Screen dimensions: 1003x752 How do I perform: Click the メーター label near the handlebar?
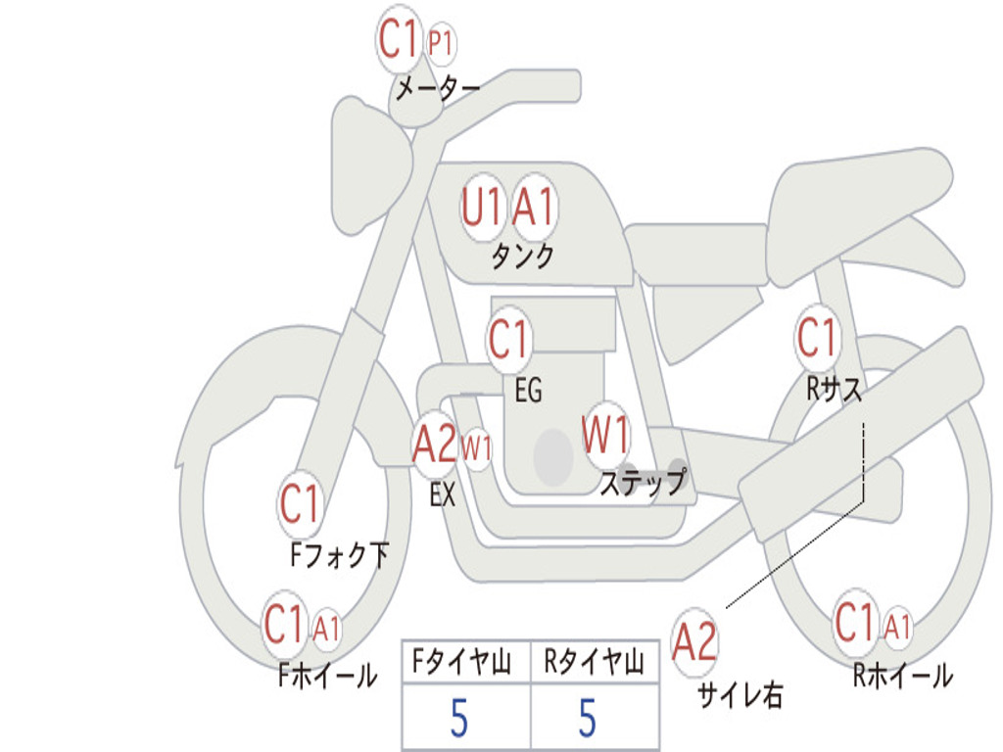click(x=438, y=88)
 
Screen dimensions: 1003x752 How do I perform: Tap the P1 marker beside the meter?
click(x=441, y=43)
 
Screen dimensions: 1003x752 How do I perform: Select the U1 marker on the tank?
click(x=483, y=208)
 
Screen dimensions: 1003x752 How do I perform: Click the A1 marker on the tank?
click(x=534, y=207)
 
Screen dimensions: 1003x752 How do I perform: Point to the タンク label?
click(x=523, y=256)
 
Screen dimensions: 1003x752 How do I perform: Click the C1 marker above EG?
click(x=508, y=339)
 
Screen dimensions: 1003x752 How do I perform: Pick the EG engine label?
click(x=528, y=390)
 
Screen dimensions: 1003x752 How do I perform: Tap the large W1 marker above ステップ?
click(x=605, y=435)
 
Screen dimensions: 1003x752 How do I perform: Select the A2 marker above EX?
click(x=434, y=444)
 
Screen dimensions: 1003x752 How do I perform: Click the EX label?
click(x=443, y=494)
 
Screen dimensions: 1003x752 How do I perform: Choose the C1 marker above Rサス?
click(x=817, y=337)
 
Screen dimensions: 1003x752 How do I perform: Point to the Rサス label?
click(x=834, y=388)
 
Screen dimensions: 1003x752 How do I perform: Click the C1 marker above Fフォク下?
click(x=300, y=504)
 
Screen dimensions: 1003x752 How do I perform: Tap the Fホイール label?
click(x=327, y=675)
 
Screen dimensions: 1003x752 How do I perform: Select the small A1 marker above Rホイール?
click(x=897, y=626)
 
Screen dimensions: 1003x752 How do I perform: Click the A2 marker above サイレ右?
click(x=694, y=641)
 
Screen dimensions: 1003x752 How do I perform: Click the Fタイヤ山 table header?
click(x=462, y=661)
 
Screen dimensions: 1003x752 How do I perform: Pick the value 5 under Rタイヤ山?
click(x=588, y=718)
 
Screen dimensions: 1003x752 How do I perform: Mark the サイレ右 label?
click(x=740, y=694)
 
